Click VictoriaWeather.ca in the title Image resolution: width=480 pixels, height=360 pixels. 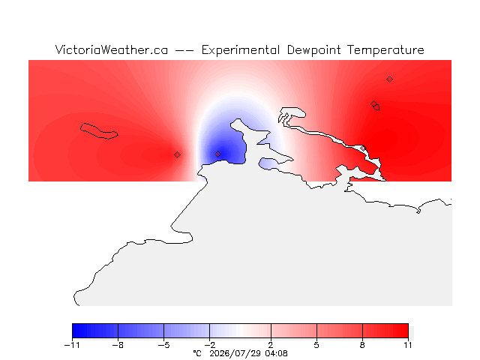click(x=112, y=50)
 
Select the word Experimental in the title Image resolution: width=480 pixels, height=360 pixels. click(x=241, y=50)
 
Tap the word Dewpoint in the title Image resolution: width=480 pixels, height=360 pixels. click(x=313, y=50)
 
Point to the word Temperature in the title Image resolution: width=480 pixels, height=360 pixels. click(x=385, y=50)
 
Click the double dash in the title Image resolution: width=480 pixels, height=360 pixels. click(x=184, y=50)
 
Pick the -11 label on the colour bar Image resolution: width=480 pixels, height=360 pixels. click(x=72, y=345)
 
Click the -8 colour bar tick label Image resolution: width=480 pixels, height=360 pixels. click(x=118, y=345)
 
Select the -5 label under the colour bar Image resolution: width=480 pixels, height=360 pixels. click(x=163, y=345)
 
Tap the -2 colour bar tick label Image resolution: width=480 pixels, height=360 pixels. click(x=210, y=345)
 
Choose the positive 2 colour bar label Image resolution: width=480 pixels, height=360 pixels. click(x=271, y=345)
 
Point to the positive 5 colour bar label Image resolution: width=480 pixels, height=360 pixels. click(x=316, y=345)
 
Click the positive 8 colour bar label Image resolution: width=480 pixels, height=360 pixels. click(x=362, y=345)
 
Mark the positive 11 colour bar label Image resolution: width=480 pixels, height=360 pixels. click(x=408, y=345)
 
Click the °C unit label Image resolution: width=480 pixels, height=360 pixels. click(x=197, y=353)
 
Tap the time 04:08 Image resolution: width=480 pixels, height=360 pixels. click(x=277, y=353)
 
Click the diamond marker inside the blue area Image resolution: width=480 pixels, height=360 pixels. click(x=217, y=154)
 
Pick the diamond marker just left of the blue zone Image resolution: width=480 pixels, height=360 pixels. click(x=177, y=155)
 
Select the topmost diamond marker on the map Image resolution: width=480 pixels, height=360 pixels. click(x=389, y=79)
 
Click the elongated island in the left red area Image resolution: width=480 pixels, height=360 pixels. click(x=99, y=131)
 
